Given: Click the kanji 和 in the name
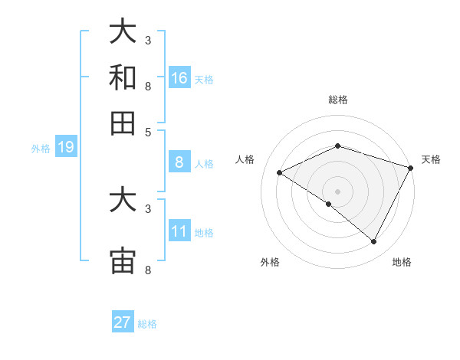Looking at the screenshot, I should click(x=123, y=77).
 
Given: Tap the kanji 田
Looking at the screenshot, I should click(x=123, y=123).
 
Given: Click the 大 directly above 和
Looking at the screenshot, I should click(x=123, y=32).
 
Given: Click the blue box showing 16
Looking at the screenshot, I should click(x=179, y=77).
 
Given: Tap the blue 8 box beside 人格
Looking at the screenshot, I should click(x=179, y=162).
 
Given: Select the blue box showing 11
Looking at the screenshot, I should click(x=179, y=231).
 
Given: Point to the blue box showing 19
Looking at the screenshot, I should click(x=66, y=147).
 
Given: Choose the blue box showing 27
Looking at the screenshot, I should click(x=123, y=322).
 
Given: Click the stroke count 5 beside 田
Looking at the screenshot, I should click(x=148, y=131).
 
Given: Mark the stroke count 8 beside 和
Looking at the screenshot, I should click(x=148, y=87).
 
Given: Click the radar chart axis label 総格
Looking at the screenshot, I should click(x=337, y=100).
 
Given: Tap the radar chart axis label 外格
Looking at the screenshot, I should click(x=270, y=262).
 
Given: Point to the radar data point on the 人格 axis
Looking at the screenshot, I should click(x=280, y=172).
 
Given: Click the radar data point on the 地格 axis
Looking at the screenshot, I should click(x=373, y=242).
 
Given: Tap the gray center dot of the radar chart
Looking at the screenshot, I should click(x=337, y=191).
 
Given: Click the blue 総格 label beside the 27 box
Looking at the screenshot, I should click(x=147, y=324).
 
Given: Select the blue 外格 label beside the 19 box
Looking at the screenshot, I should click(x=40, y=149).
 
